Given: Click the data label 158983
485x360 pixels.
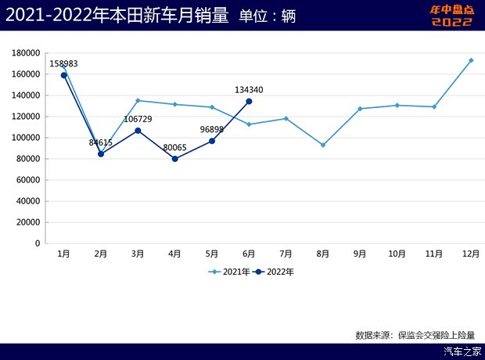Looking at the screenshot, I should click(x=63, y=63).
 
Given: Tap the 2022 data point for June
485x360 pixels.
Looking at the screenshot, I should click(x=249, y=101).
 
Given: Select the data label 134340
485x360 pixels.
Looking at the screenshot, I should click(x=249, y=90).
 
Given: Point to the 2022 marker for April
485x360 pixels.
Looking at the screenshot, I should click(x=174, y=159).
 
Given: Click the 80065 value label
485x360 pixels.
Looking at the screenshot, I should click(x=174, y=147).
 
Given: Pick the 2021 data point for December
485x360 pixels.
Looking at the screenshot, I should click(x=471, y=60).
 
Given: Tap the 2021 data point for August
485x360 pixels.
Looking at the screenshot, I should click(x=322, y=145).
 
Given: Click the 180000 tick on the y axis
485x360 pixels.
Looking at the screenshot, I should click(x=27, y=53).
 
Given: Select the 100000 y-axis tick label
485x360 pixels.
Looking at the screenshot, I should click(x=27, y=138).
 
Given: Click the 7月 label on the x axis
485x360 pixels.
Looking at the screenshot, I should click(x=286, y=254).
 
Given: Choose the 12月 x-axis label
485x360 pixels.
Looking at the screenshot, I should click(x=471, y=254).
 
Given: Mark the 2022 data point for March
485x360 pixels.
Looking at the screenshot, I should click(x=138, y=131).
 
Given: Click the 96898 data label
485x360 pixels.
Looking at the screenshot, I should click(x=211, y=129).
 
